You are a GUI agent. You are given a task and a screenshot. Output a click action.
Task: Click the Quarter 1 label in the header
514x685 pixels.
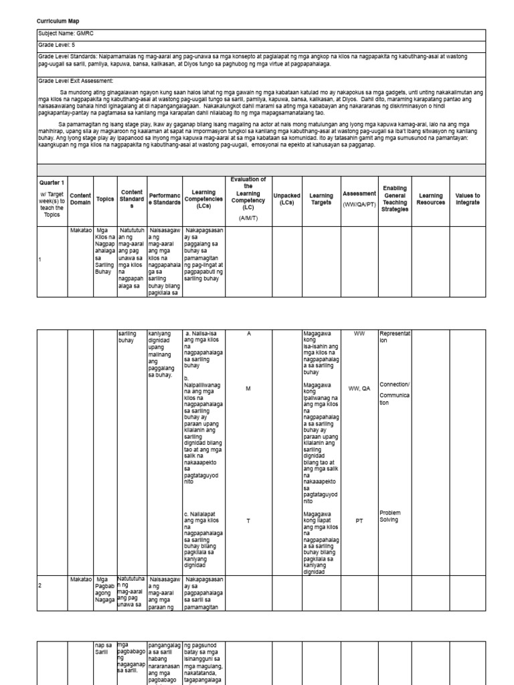(52, 183)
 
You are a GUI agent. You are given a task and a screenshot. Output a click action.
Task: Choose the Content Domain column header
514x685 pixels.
(80, 199)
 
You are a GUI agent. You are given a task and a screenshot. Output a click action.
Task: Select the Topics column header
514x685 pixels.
(105, 199)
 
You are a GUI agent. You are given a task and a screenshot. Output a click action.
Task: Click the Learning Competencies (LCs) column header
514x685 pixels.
(203, 199)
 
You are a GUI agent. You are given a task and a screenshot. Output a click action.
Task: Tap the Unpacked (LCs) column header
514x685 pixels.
(286, 199)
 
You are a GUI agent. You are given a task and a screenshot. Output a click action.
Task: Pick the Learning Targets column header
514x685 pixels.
(321, 199)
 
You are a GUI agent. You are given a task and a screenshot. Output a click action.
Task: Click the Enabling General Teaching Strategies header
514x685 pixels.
(394, 199)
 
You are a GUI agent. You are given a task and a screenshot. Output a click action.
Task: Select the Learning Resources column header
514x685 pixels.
(430, 199)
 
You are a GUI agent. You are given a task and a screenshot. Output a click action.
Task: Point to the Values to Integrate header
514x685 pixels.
(468, 199)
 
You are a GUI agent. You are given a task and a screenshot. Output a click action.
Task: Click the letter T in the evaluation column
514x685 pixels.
(248, 520)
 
